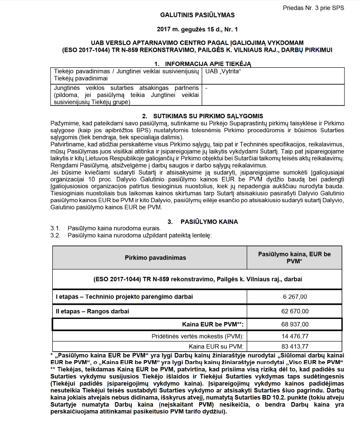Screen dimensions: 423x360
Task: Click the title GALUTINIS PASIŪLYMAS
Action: [x=197, y=15]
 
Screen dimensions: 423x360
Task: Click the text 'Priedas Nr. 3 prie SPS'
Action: [x=313, y=8]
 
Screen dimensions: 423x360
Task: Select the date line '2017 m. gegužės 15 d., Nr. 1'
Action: [x=197, y=30]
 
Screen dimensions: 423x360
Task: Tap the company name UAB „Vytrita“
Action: [x=223, y=71]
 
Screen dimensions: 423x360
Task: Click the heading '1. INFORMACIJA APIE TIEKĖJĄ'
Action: [x=202, y=64]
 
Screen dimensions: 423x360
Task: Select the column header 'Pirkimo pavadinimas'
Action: [x=149, y=257]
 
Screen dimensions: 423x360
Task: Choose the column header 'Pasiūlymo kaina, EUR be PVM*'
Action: [x=294, y=258]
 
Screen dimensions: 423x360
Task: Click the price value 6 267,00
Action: [x=294, y=297]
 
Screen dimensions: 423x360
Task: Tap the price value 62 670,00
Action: [x=294, y=311]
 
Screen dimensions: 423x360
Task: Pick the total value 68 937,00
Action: [x=294, y=325]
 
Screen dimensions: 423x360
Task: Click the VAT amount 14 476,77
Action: [x=294, y=337]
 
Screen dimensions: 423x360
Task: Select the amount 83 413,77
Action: [x=294, y=346]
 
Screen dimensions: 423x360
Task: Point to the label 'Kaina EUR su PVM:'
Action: [x=216, y=346]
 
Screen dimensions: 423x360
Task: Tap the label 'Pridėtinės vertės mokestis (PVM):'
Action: [x=198, y=337]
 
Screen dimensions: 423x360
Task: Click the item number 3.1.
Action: [x=55, y=228]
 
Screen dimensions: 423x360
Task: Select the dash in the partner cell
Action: [x=207, y=88]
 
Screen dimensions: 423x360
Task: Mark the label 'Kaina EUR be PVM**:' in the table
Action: [x=212, y=325]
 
